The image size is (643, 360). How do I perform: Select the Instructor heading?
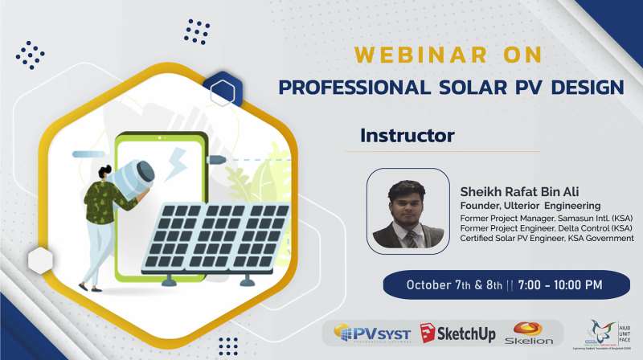tap(408, 135)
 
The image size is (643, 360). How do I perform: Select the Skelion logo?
tap(527, 332)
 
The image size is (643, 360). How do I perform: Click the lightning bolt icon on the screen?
tap(177, 164)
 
